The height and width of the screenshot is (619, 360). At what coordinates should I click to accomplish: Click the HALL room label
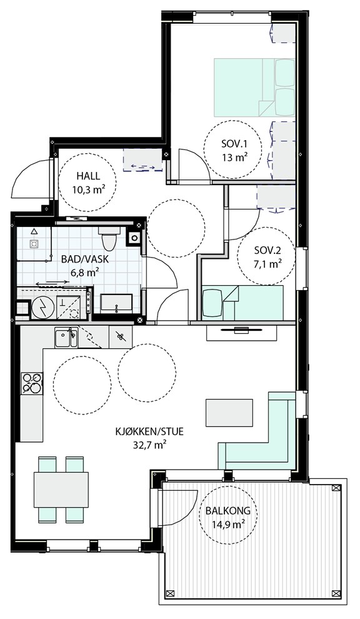coord(87,176)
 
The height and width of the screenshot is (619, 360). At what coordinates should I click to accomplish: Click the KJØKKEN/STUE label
coord(149,431)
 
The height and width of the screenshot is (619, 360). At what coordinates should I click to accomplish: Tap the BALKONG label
coord(227,510)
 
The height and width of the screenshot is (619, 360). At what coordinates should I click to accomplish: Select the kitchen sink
coord(66,338)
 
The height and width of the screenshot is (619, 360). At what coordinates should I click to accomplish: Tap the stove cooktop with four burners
coord(32,383)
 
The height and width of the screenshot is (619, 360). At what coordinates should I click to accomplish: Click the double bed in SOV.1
coord(254,88)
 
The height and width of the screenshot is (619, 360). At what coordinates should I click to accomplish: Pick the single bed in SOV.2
coord(242,303)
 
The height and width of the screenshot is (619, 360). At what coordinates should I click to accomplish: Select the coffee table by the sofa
coord(229,413)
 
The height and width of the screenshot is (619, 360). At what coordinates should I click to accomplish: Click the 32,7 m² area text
coord(149,445)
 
